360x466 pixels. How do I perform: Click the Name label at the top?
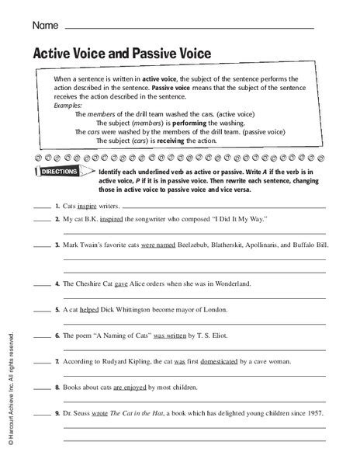44,26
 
